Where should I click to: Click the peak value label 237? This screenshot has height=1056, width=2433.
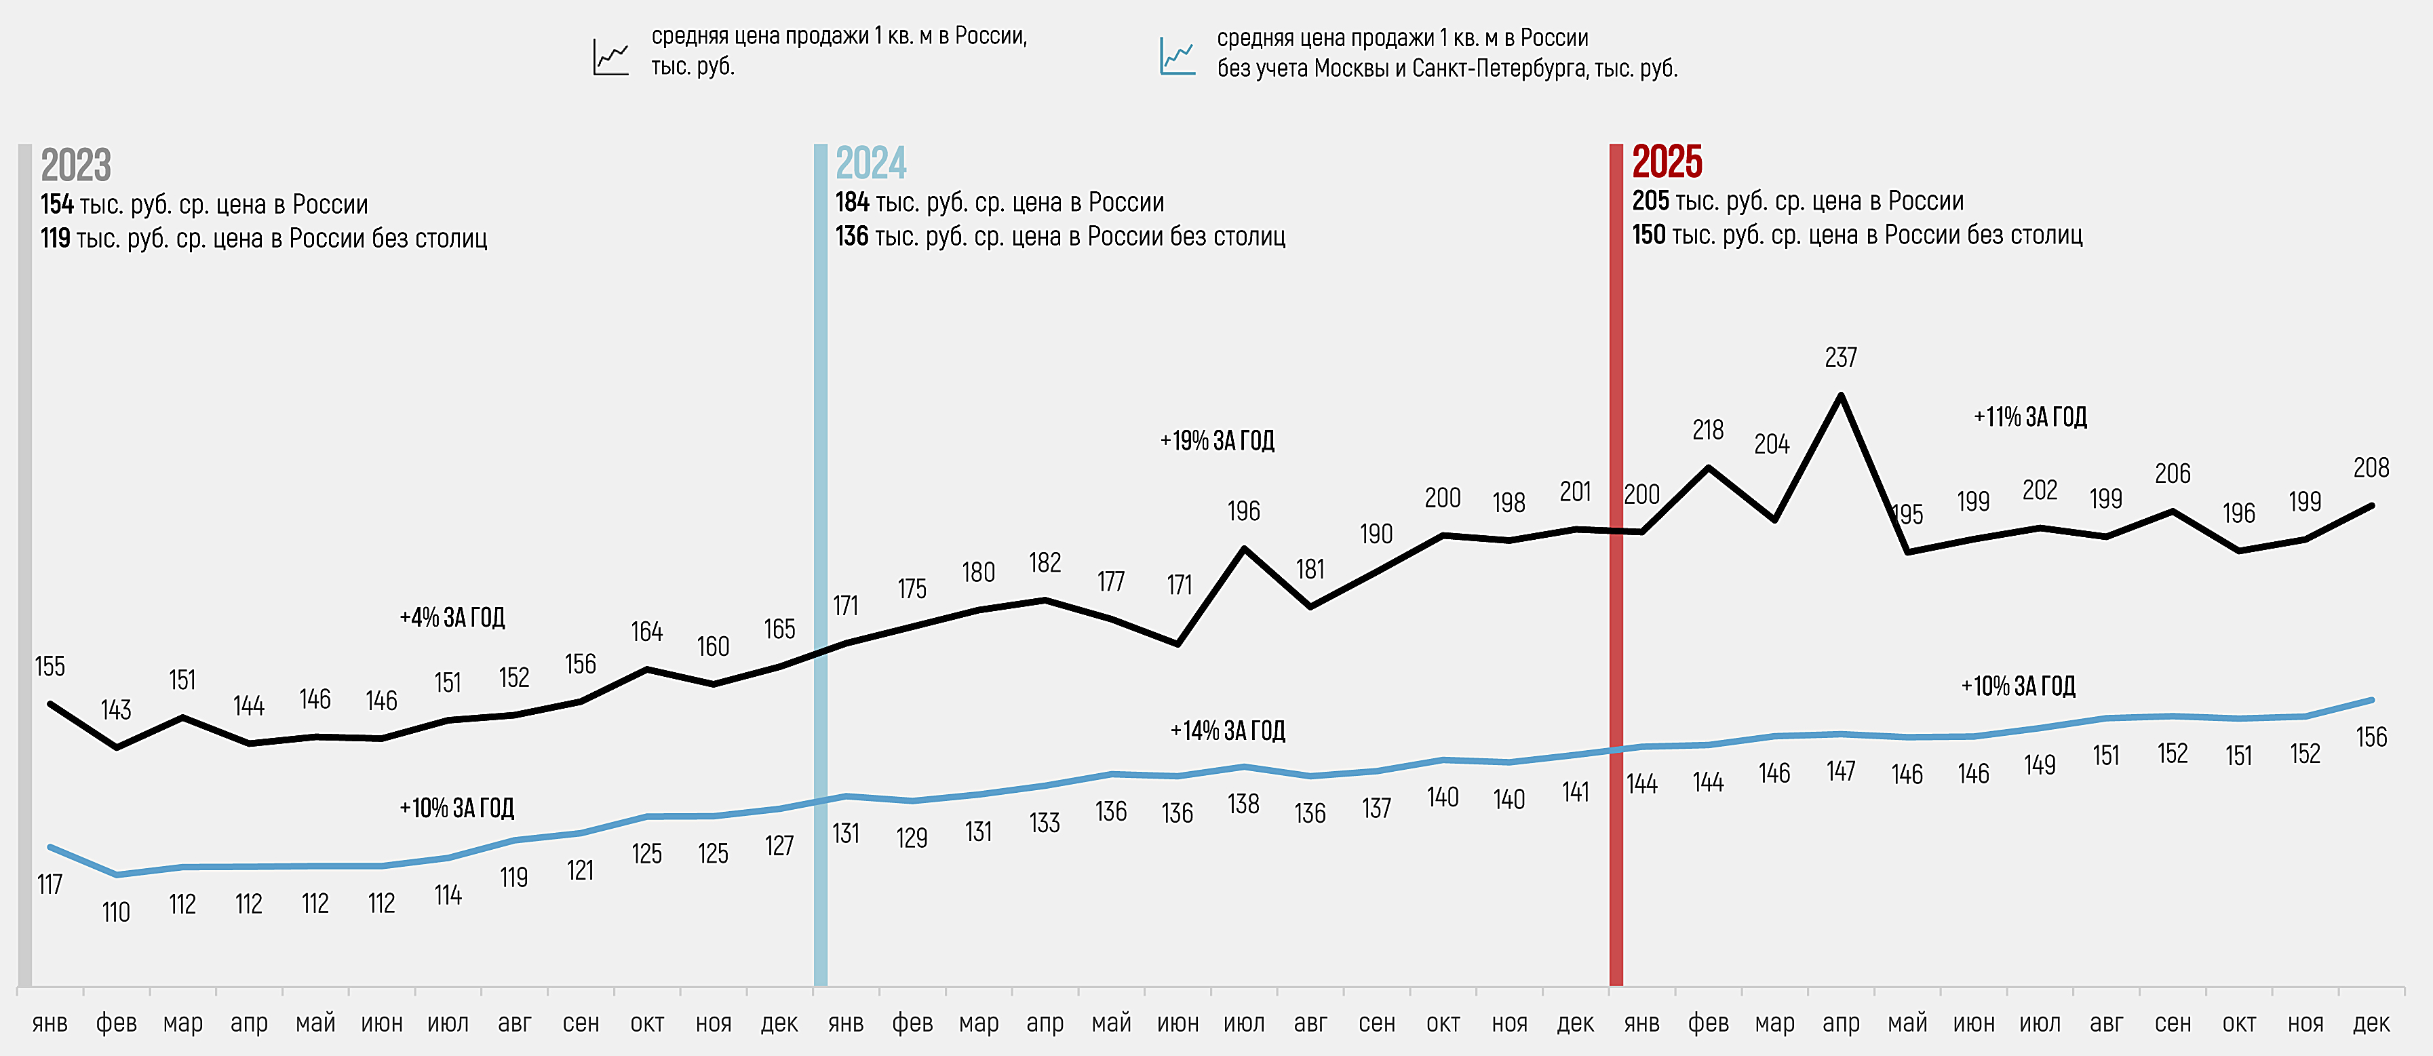(x=1841, y=358)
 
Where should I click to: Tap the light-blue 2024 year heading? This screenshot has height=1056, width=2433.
(x=871, y=163)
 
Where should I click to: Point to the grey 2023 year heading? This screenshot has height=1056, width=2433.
(x=75, y=165)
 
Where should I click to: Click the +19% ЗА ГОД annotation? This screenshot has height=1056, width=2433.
(x=1218, y=441)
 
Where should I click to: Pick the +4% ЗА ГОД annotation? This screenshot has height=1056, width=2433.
(x=452, y=618)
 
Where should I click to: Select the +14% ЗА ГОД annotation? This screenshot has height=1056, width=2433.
(x=1228, y=731)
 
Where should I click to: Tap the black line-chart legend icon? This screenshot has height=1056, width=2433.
(x=611, y=57)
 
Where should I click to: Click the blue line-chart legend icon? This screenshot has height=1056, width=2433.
(x=1177, y=57)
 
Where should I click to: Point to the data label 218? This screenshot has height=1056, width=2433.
(x=1708, y=431)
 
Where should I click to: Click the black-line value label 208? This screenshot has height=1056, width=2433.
(x=2371, y=467)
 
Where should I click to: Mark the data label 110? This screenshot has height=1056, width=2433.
(x=116, y=912)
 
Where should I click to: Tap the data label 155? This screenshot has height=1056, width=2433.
(x=50, y=667)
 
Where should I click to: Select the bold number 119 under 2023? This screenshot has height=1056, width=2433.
(x=56, y=238)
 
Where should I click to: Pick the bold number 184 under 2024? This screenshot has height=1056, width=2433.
(x=852, y=202)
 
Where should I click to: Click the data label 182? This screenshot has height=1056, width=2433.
(x=1045, y=563)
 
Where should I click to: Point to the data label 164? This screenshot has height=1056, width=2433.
(x=647, y=632)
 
